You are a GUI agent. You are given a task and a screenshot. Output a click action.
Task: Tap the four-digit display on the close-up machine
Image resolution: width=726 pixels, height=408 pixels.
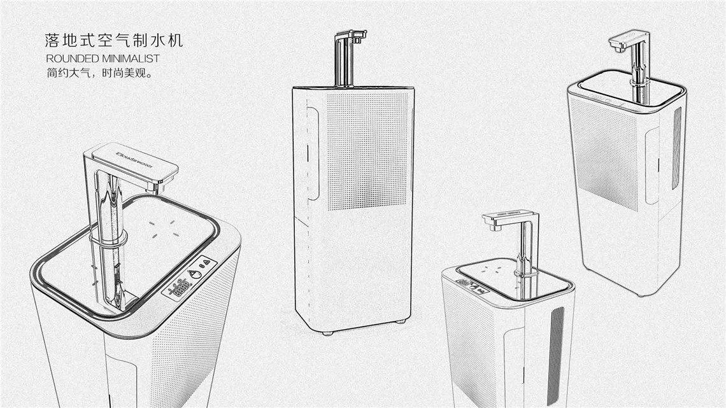pyautogui.click(x=176, y=289)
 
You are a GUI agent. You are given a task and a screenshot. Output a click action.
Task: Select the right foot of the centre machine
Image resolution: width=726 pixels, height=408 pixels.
pyautogui.click(x=400, y=321)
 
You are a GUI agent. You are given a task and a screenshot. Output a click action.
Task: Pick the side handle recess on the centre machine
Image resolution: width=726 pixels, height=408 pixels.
pyautogui.click(x=311, y=153)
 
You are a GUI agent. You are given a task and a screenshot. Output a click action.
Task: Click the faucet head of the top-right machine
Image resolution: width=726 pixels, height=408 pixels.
pyautogui.click(x=627, y=42)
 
